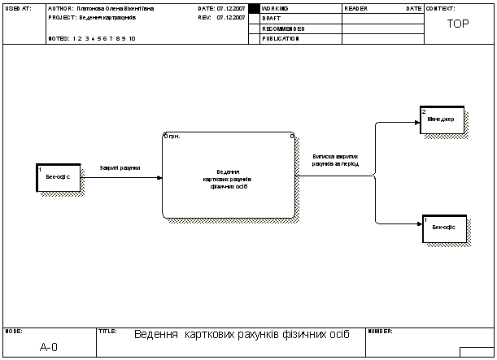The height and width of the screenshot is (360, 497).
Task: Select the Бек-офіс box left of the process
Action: coord(59,178)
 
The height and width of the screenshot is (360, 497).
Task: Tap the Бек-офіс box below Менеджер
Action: coord(443,228)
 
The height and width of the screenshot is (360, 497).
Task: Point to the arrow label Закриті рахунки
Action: coord(120,168)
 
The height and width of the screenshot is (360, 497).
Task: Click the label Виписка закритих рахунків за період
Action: coord(335,159)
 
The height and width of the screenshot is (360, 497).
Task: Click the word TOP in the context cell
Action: coord(458,24)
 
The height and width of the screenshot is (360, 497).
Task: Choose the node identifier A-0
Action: coord(49,347)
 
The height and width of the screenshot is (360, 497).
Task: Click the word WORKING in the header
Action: coord(275,8)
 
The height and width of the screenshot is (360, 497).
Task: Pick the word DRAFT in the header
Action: coord(271,18)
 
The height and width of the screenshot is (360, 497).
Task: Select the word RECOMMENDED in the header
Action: coord(283,28)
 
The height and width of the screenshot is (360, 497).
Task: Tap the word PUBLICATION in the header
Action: coord(281,38)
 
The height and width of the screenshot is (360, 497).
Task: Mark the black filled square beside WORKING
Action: coord(253,8)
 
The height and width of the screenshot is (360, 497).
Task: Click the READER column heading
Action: coord(356,8)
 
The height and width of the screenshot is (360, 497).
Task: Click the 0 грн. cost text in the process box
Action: coord(172,137)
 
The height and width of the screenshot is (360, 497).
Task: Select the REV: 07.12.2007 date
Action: coord(221,17)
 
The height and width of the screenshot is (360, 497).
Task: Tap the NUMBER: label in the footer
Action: coord(381,332)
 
